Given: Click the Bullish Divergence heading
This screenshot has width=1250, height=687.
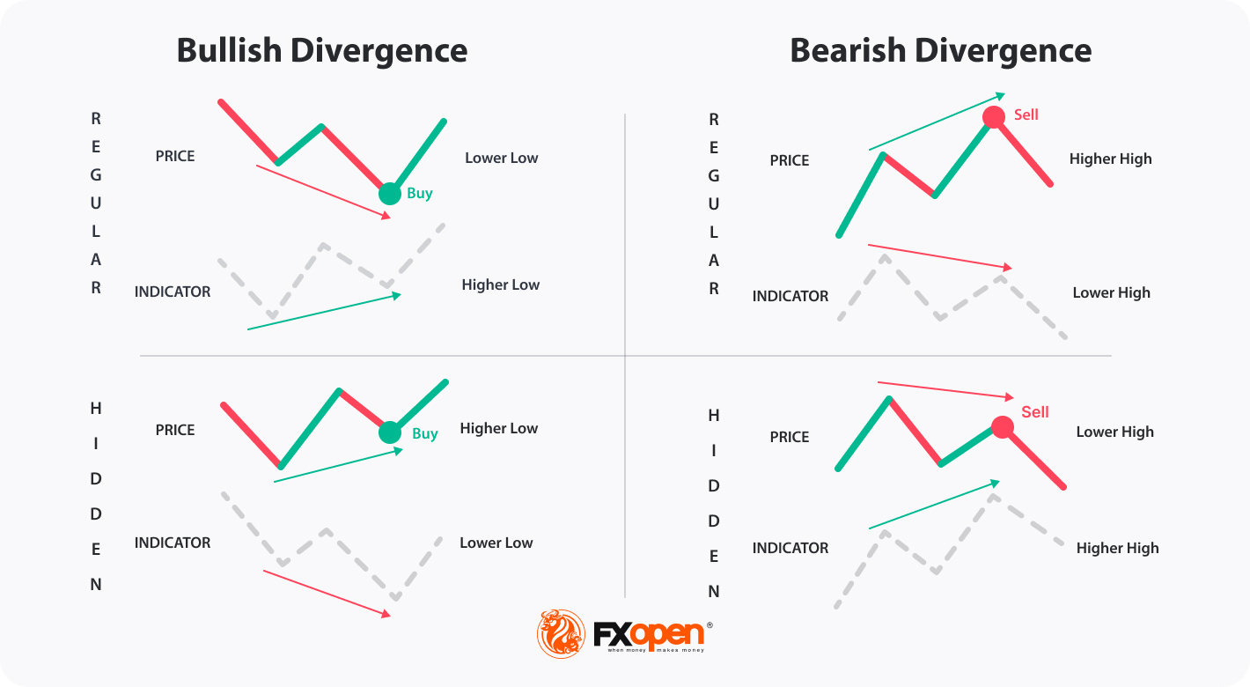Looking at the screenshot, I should pos(321,50).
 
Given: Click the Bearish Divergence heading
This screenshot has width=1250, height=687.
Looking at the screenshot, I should pos(940,50).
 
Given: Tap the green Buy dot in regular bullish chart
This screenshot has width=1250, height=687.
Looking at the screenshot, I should pos(389,193).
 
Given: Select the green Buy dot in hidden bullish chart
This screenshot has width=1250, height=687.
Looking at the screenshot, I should pos(389,432).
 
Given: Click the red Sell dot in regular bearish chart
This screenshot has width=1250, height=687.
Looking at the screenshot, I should pos(994,116).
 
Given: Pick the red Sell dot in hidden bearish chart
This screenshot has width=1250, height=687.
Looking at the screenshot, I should pos(1002,427).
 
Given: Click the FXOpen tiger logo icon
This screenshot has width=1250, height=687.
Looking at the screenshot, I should pos(561,633).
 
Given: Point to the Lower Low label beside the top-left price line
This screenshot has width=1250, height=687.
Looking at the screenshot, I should pos(501,159).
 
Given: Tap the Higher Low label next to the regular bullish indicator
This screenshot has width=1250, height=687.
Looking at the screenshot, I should pos(500,285).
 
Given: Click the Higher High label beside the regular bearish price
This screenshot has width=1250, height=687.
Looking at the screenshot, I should pos(1110,159).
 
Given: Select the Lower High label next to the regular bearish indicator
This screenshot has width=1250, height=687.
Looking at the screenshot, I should pos(1111,293).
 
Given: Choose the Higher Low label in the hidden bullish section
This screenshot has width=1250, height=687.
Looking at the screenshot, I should pos(498,429).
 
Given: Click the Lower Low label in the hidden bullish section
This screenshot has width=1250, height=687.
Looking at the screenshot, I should pos(496,543).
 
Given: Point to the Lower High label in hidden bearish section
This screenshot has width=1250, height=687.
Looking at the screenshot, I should pos(1114,432).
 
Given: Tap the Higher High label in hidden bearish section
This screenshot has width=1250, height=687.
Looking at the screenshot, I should pos(1117,549).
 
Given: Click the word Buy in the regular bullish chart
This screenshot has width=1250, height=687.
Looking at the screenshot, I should pos(420,193).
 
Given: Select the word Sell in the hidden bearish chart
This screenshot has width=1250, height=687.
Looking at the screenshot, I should pos(1034,412).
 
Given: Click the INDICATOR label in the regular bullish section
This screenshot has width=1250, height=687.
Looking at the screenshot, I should pos(173,292).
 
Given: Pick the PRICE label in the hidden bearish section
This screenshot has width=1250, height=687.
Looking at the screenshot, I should pos(790,437).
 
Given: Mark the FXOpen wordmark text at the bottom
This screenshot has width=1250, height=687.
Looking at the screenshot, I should pos(649,633).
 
